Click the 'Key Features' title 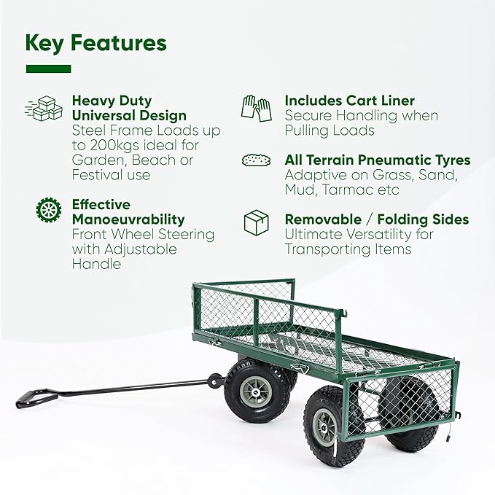pos(96,43)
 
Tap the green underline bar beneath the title pos(48,69)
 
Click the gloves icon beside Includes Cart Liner pos(256,108)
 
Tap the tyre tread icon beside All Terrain pos(256,160)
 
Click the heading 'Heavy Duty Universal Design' pos(129,108)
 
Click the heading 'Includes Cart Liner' pos(349,101)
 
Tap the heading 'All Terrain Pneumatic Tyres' pos(377,160)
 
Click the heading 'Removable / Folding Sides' pos(376,219)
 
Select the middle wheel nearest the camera pos(327,423)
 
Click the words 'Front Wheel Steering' pos(143,234)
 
